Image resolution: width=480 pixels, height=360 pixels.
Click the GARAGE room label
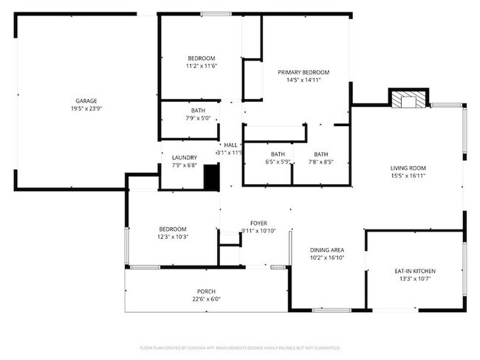coord(86,101)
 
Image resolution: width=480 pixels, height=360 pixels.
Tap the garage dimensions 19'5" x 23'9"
coord(86,108)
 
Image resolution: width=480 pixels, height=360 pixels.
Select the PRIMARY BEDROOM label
coord(304,72)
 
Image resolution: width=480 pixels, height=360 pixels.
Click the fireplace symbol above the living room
coord(408,100)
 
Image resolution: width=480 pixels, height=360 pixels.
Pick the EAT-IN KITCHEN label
coord(413,271)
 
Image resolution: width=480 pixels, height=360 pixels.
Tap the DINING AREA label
coord(327,250)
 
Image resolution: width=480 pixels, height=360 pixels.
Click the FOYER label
coord(258,223)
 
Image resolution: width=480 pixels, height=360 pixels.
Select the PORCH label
coord(206,291)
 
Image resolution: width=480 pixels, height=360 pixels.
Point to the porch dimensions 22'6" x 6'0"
coord(206,299)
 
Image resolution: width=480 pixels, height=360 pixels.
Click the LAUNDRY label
coord(184,158)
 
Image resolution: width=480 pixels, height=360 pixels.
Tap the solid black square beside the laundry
coord(211,178)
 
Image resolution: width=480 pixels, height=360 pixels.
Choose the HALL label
coord(230,145)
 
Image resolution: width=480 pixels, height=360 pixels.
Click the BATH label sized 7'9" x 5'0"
coord(198,111)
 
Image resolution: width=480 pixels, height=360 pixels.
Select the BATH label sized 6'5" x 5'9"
coord(278,154)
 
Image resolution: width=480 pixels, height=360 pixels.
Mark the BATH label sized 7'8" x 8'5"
coord(323,154)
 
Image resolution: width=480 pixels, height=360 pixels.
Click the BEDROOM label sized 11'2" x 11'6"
coord(201,58)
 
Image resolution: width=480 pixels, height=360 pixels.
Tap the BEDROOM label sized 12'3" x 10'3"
coord(173,229)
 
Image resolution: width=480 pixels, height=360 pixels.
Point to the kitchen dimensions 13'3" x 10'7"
coord(413,279)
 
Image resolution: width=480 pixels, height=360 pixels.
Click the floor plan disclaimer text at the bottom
coord(240,347)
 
